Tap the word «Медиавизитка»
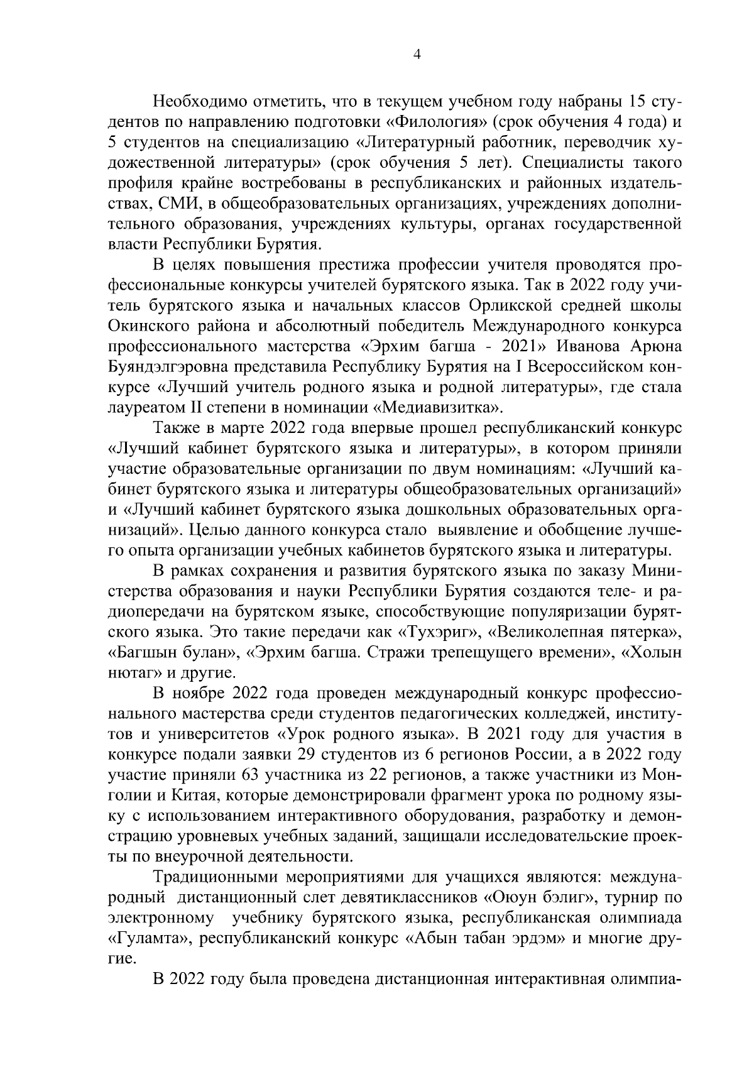[439, 408]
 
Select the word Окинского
[146, 326]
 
